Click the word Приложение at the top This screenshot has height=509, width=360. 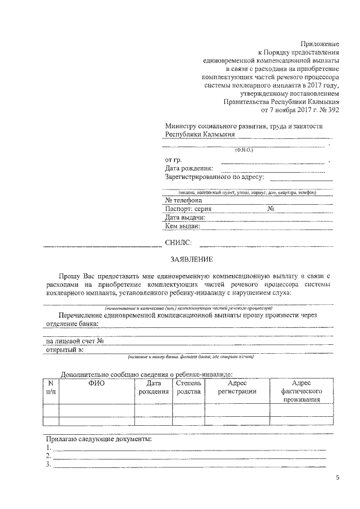pyautogui.click(x=320, y=43)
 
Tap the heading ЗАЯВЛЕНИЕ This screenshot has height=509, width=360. pyautogui.click(x=192, y=259)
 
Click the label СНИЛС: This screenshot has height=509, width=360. pyautogui.click(x=178, y=243)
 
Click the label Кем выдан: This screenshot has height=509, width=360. pyautogui.click(x=183, y=226)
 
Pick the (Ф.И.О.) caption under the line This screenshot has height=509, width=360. pyautogui.click(x=244, y=150)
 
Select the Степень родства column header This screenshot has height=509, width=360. pyautogui.click(x=188, y=388)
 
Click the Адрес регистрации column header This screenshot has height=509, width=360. pyautogui.click(x=237, y=388)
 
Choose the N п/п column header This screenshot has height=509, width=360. pyautogui.click(x=51, y=388)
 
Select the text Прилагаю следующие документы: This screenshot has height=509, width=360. pyautogui.click(x=98, y=439)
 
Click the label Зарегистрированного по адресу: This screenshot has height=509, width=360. pyautogui.click(x=214, y=177)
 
